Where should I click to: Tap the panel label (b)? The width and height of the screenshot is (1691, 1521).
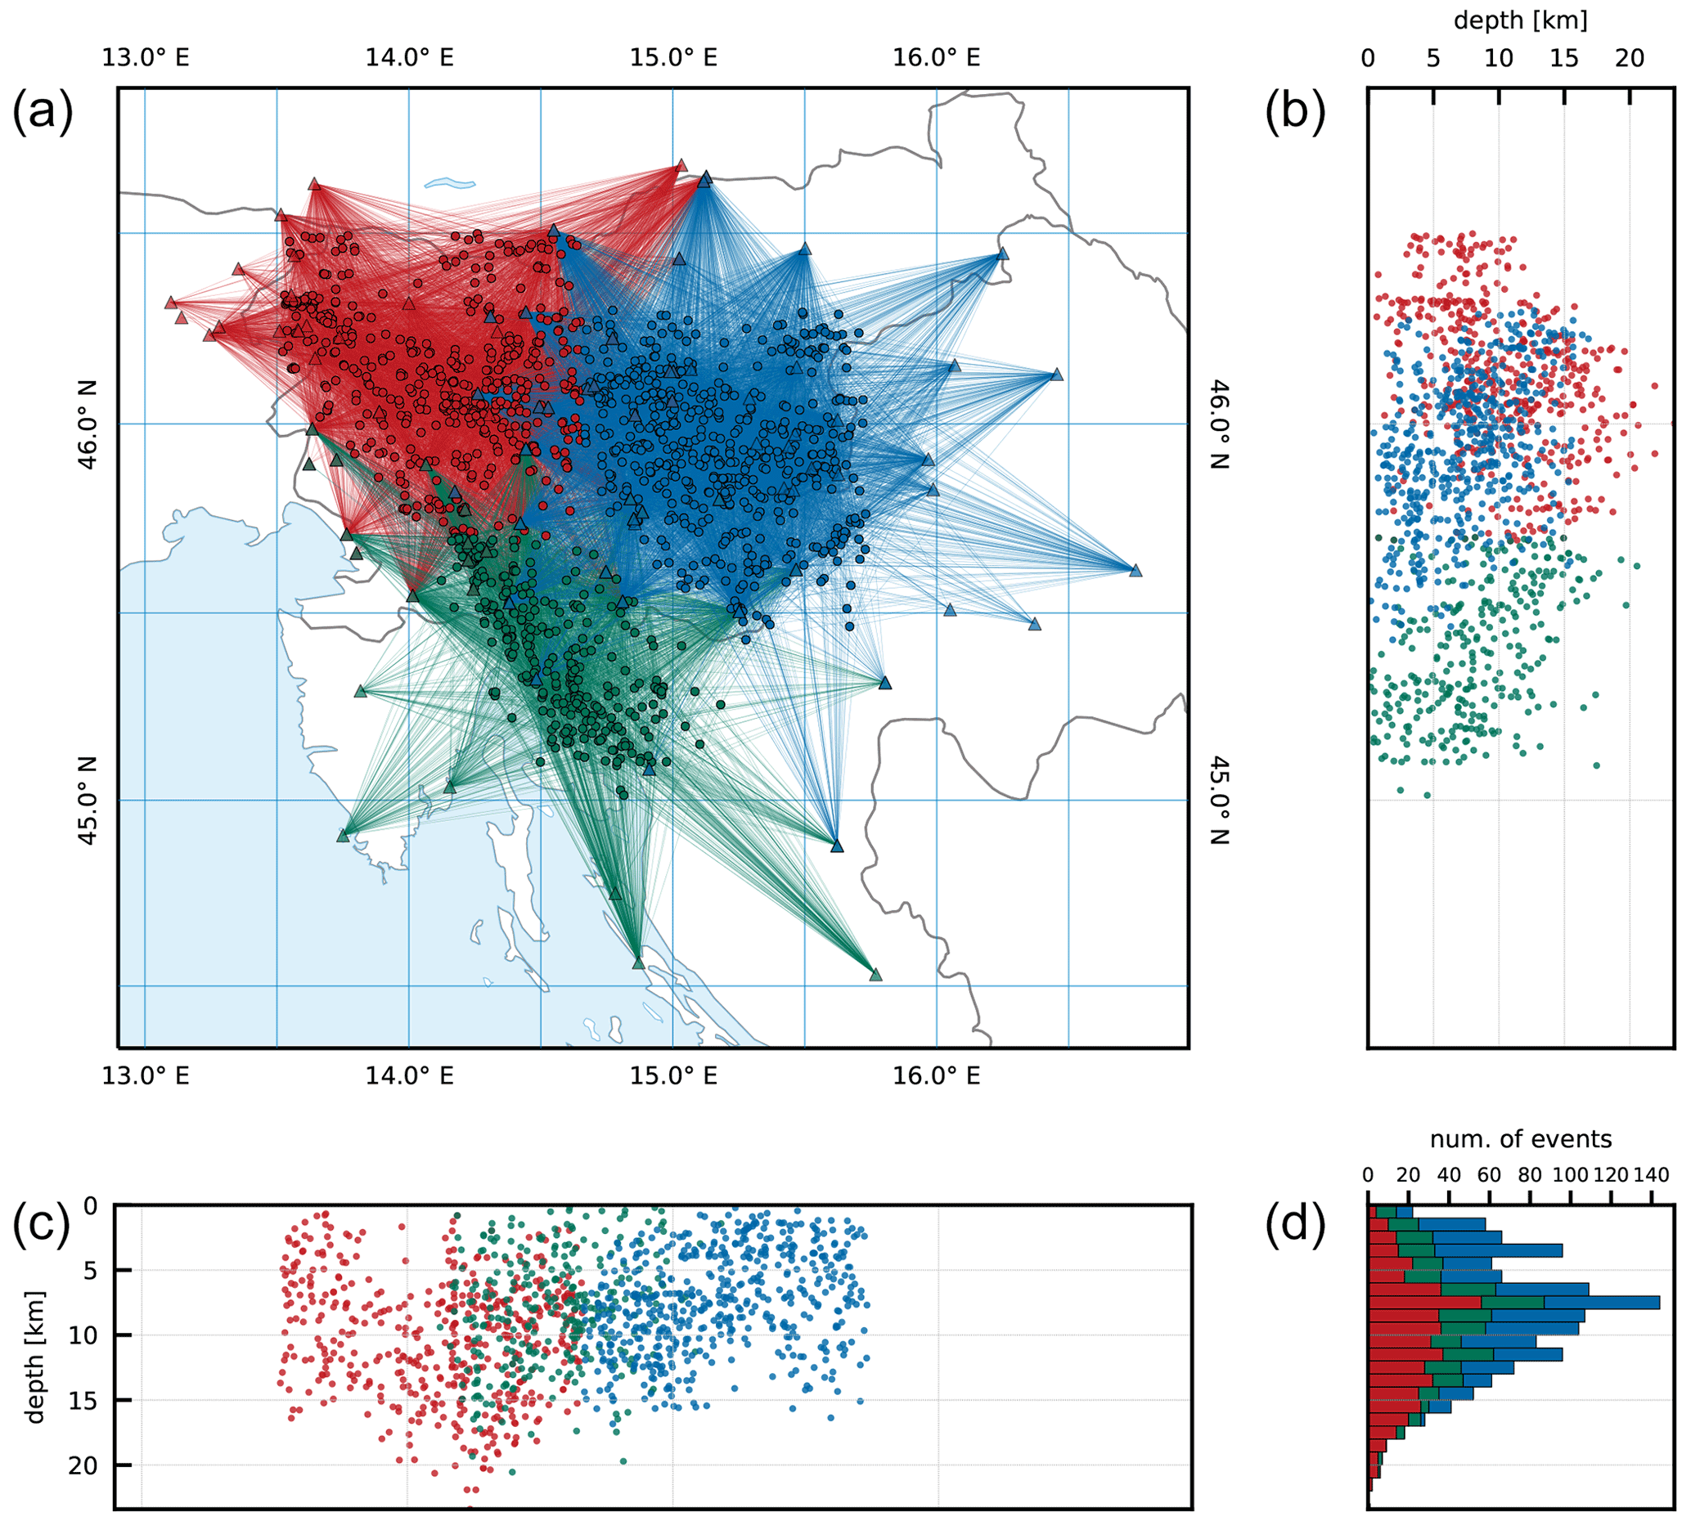pos(1295,114)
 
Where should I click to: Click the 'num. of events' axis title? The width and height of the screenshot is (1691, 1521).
pos(1521,1139)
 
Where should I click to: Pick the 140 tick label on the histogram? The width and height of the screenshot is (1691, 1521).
pos(1650,1175)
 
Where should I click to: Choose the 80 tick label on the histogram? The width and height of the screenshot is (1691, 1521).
pos(1530,1175)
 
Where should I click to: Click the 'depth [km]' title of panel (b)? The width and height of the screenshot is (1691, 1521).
pos(1521,21)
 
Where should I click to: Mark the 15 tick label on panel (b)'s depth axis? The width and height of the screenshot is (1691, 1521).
pos(1564,59)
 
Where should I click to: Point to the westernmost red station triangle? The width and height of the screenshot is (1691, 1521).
pos(170,303)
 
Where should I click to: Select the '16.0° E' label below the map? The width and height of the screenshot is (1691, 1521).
pos(936,1075)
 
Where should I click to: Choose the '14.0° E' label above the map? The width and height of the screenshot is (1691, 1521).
pos(410,58)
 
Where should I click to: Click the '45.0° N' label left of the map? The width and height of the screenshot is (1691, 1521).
pos(87,800)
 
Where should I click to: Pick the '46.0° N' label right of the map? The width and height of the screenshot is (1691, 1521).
pos(1220,424)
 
